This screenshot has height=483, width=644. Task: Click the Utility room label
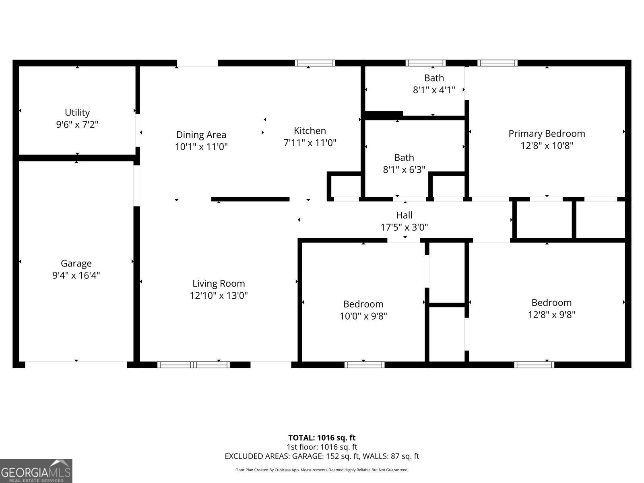(x=77, y=112)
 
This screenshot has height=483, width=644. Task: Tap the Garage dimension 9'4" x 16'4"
(x=76, y=276)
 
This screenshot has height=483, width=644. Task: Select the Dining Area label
(x=201, y=135)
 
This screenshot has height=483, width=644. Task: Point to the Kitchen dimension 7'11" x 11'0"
(x=310, y=142)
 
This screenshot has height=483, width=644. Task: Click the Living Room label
(x=219, y=283)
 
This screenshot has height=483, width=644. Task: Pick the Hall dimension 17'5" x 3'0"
(x=404, y=227)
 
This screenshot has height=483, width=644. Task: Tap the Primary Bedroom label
(x=547, y=134)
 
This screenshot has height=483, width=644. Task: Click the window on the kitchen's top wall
(x=315, y=63)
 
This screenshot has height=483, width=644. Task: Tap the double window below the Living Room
(x=194, y=365)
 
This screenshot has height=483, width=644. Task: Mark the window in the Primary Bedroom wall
(x=497, y=63)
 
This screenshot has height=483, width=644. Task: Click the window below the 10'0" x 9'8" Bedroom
(x=364, y=365)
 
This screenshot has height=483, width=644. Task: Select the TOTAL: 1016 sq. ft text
(x=322, y=438)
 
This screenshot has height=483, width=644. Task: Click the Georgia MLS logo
(x=36, y=471)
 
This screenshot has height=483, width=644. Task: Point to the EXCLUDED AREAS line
(x=322, y=456)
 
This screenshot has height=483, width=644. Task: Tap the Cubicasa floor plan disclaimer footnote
(x=322, y=470)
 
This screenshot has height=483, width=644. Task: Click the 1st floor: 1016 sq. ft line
(x=322, y=447)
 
